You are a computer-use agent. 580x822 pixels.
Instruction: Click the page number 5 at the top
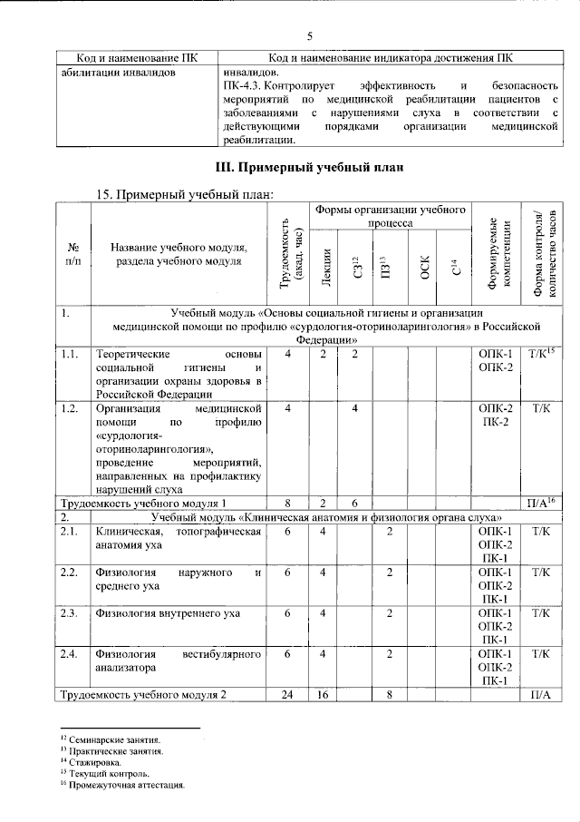pyautogui.click(x=309, y=36)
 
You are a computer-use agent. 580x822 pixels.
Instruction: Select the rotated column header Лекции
pyautogui.click(x=324, y=264)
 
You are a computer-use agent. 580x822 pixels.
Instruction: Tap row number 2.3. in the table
pyautogui.click(x=69, y=613)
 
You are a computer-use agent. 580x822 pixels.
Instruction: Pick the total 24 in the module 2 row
pyautogui.click(x=287, y=695)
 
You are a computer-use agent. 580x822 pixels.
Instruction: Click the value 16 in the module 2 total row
pyautogui.click(x=323, y=695)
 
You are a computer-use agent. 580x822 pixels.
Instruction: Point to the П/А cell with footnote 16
pyautogui.click(x=541, y=501)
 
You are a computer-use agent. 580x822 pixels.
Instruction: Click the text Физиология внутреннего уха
pyautogui.click(x=168, y=613)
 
